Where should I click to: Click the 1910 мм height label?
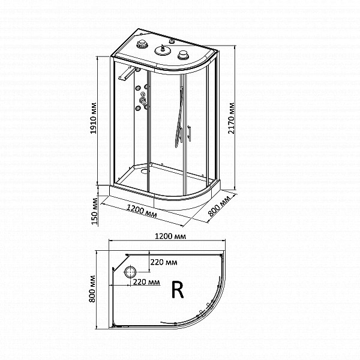coord(93,118)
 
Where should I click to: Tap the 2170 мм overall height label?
coord(231,118)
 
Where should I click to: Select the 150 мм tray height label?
coord(94,211)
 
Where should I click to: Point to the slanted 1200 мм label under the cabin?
coord(142,211)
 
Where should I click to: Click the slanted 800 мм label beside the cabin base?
coord(219,206)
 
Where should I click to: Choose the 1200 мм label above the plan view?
coord(170,236)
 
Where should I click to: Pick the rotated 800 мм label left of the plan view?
coord(92,289)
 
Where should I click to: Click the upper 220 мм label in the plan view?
coord(164,262)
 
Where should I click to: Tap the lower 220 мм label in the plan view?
coord(146,282)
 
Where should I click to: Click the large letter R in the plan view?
coord(178,290)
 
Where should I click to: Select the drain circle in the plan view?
coord(130,272)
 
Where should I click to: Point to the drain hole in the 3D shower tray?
coord(145,171)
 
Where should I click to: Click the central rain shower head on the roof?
coord(163,50)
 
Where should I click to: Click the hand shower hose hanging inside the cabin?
coord(179,117)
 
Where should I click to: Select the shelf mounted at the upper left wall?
coord(128,73)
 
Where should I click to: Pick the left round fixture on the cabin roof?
coord(142,44)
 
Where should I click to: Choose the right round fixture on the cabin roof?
coord(183,55)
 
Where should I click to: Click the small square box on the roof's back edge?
coord(172,41)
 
